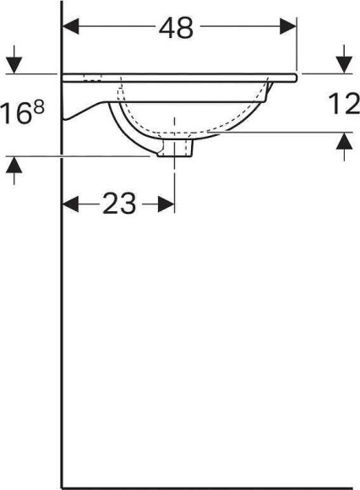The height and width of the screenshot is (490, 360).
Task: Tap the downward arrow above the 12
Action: [x=343, y=64]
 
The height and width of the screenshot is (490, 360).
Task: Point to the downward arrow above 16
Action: [x=14, y=64]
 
